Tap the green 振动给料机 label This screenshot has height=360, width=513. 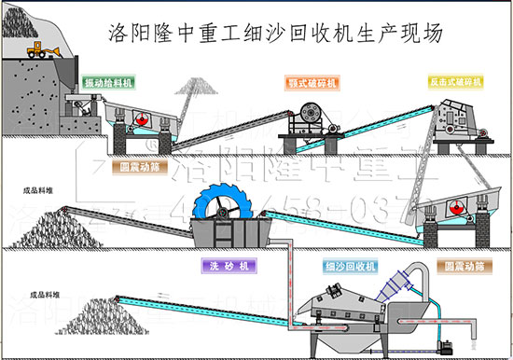pos(108,83)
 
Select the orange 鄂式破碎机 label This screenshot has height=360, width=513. pos(313,83)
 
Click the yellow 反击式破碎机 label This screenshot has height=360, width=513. pos(456,83)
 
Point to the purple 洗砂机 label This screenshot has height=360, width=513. pos(224,266)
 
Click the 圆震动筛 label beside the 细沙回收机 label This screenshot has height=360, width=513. pos(460,266)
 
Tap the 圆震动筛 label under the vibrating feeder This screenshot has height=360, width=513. pos(139,169)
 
